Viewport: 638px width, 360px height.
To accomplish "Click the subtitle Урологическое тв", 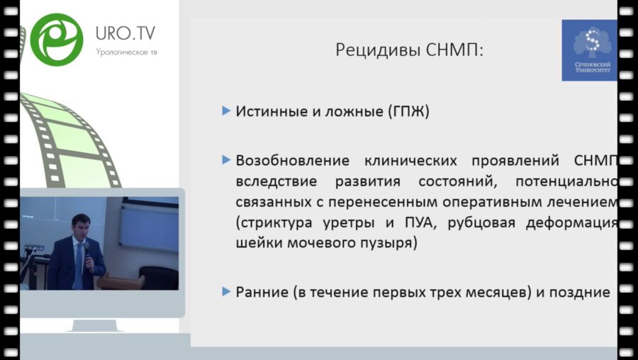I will pos(127,52).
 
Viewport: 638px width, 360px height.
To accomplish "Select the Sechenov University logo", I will pos(589,50).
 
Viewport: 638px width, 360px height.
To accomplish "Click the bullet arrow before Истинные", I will pos(226,111).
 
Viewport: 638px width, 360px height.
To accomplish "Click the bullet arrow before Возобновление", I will pos(226,159).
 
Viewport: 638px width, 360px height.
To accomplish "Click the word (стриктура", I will pos(274,224).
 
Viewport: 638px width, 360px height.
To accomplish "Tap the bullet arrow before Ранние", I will pos(226,291).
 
